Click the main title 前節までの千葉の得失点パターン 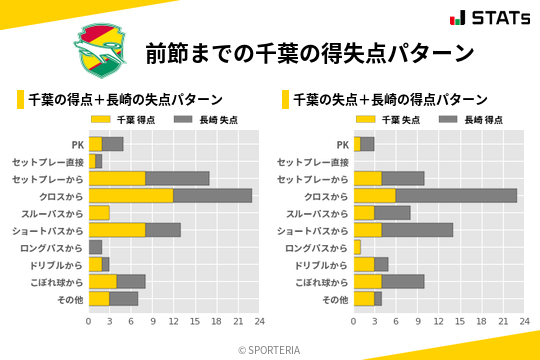[309, 52]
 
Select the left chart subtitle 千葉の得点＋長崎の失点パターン [124, 99]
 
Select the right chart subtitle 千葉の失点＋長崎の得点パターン [389, 99]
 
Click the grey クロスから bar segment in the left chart [212, 196]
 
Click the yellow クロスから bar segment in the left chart [131, 196]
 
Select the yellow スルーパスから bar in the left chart [99, 213]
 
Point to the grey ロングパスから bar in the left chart [96, 247]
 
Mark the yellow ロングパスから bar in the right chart [357, 247]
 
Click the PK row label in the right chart [342, 144]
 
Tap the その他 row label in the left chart [69, 299]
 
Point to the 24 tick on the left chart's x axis [258, 322]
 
